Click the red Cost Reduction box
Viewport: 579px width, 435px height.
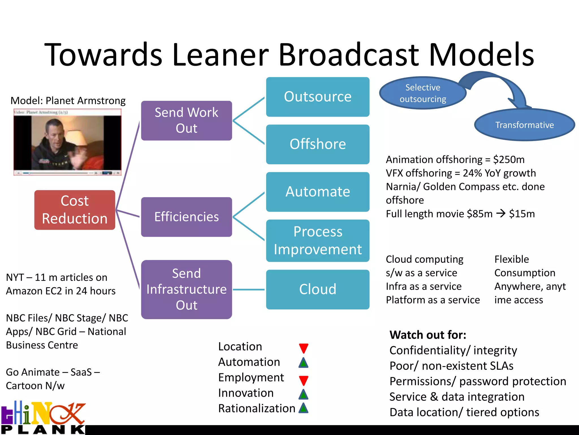(75, 210)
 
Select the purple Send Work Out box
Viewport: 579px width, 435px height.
(187, 121)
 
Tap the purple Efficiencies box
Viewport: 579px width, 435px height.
(187, 217)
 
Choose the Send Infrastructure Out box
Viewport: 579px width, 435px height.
(187, 289)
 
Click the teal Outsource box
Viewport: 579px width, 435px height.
(317, 97)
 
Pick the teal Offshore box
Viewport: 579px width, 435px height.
(317, 144)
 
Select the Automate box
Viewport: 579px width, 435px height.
(317, 192)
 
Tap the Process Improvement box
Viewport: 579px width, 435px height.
(317, 241)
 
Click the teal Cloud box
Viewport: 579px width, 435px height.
(317, 289)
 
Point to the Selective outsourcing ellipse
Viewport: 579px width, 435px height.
(422, 93)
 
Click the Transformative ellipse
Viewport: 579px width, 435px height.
(524, 125)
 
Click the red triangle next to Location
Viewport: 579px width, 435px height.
(303, 348)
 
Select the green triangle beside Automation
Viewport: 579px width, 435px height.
(303, 363)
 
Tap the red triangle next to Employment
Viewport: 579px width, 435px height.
(303, 380)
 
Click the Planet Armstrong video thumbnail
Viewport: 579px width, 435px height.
(67, 142)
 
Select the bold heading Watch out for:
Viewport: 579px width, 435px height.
(427, 335)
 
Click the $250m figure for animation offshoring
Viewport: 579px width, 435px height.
(509, 160)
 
